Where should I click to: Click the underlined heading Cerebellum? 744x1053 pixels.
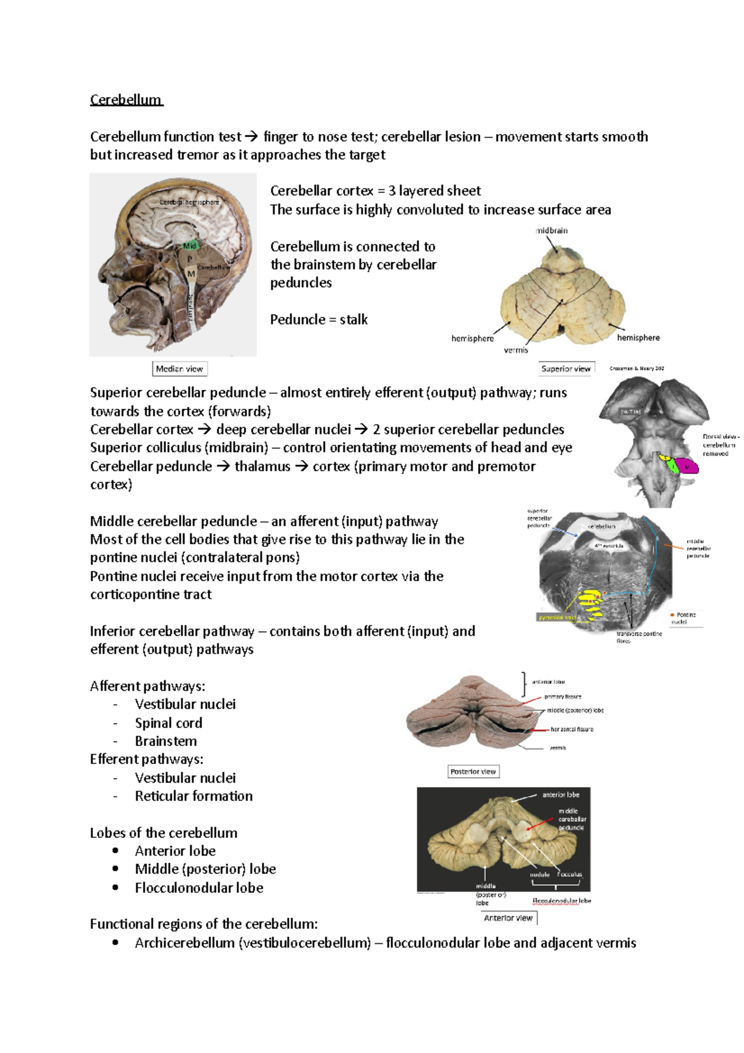tap(126, 100)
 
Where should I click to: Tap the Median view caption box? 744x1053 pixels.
tap(179, 369)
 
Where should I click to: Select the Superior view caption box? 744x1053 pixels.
tap(566, 368)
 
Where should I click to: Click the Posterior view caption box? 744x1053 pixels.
tap(473, 771)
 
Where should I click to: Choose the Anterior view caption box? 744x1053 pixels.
tap(508, 918)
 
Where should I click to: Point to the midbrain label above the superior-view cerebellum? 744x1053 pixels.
tap(552, 231)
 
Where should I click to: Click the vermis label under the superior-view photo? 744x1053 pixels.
tap(516, 350)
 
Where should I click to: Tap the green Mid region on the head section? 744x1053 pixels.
tap(190, 246)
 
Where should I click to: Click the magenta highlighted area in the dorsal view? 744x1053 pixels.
tap(686, 465)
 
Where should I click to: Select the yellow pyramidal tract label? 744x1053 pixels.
tap(557, 618)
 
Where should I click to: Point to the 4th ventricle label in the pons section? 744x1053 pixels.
tap(609, 546)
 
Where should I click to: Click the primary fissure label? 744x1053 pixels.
tap(563, 696)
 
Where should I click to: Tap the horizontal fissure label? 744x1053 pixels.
tap(572, 729)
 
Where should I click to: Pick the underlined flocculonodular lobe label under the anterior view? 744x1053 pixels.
tap(562, 900)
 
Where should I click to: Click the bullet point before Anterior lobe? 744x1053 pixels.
tap(115, 851)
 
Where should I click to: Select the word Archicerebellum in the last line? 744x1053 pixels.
tap(185, 943)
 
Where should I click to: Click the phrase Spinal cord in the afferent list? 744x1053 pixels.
tap(169, 723)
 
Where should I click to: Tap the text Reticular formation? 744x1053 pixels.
tap(194, 796)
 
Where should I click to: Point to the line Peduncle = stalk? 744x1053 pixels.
tap(319, 320)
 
